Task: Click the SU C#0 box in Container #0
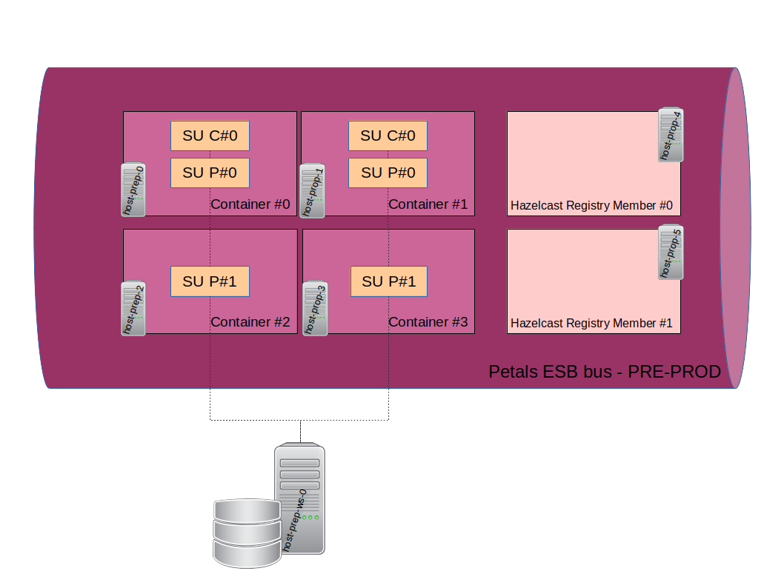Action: click(x=210, y=136)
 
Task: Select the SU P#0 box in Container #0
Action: click(x=210, y=173)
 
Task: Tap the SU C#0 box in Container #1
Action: click(x=388, y=136)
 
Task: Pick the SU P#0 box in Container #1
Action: click(x=388, y=173)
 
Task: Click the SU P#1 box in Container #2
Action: click(x=210, y=281)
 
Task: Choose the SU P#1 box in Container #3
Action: click(x=388, y=281)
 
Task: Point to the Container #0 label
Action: click(x=250, y=204)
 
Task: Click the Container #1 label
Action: click(x=428, y=204)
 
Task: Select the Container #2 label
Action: click(x=250, y=322)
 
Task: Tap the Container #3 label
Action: click(x=428, y=322)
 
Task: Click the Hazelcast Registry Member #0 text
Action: click(x=591, y=205)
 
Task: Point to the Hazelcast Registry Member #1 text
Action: click(x=591, y=324)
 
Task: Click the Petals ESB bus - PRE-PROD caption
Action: click(x=605, y=372)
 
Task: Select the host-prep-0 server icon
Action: click(x=133, y=190)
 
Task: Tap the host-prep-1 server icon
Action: click(x=313, y=191)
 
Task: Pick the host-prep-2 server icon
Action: click(x=133, y=308)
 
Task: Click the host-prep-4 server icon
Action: click(x=671, y=135)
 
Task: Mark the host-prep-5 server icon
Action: click(x=671, y=253)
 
